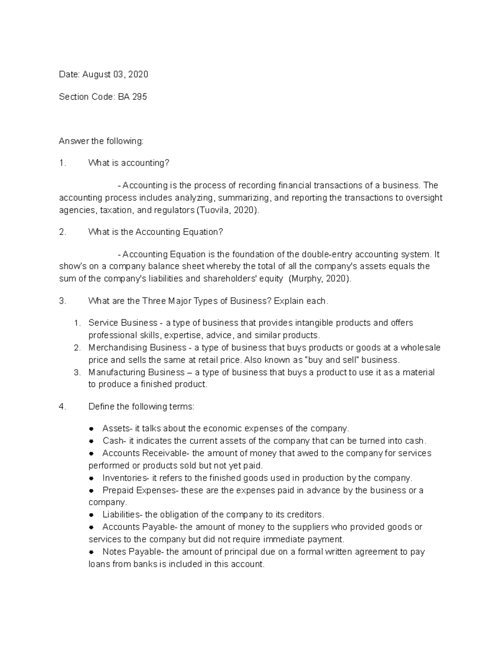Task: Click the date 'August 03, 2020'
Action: coord(115,74)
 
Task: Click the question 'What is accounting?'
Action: coord(129,163)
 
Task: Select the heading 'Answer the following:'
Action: coord(101,141)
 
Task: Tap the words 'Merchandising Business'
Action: coord(137,348)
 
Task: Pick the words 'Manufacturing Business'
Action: coord(136,372)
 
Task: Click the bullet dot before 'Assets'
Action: coord(92,429)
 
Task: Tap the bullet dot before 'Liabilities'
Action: coord(92,515)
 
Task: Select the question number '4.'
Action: coord(63,407)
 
